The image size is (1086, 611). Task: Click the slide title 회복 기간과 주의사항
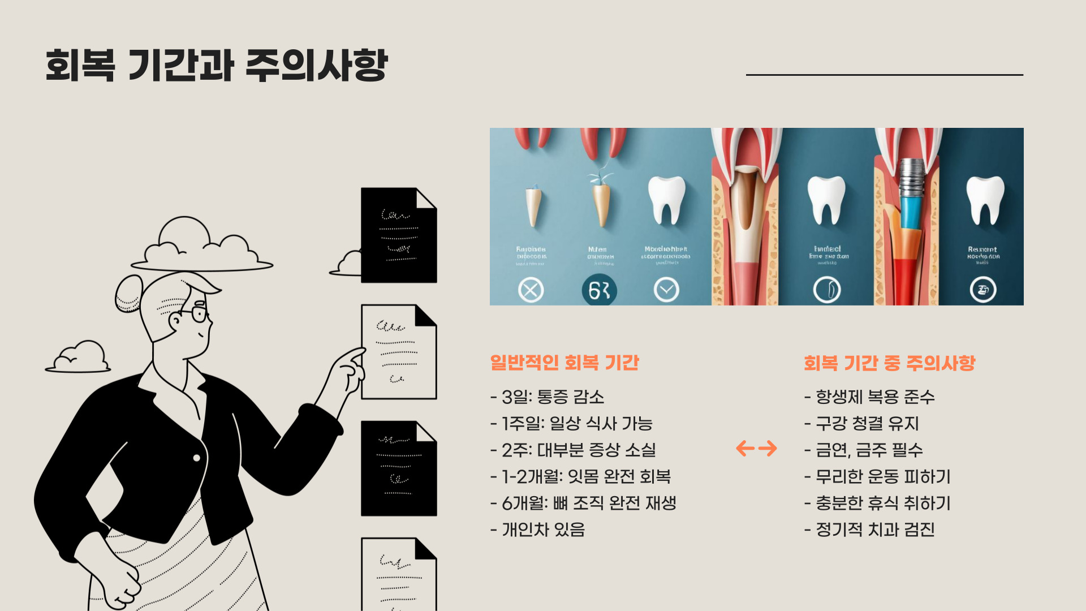pos(216,65)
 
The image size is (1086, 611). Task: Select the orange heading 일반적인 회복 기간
pos(564,363)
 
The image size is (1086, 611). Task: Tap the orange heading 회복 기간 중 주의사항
pos(889,363)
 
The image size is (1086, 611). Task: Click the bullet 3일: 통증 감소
pos(548,397)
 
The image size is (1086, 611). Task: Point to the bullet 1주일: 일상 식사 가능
pos(572,424)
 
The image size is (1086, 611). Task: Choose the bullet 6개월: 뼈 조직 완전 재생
pos(584,503)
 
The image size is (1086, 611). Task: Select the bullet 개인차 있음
pos(538,530)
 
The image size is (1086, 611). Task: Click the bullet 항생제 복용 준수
pos(869,397)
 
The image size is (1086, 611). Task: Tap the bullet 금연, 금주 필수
pos(864,450)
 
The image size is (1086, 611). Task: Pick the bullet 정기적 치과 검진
pos(869,530)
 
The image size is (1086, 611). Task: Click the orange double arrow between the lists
pos(756,449)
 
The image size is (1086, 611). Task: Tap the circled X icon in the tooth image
pos(531,290)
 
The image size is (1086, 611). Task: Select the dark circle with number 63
pos(599,290)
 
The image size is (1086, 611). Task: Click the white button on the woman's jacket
pos(197,458)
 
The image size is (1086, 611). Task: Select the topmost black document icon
pos(399,235)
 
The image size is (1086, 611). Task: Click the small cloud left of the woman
pos(79,358)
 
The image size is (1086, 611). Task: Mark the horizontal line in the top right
pos(884,75)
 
